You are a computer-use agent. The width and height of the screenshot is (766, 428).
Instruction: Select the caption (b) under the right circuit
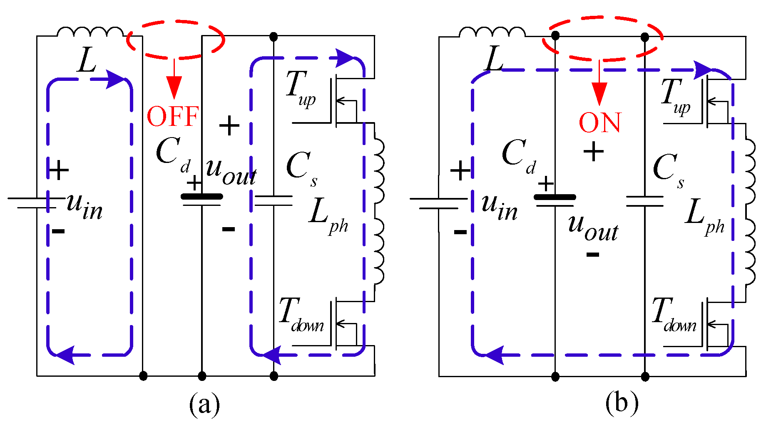pyautogui.click(x=622, y=403)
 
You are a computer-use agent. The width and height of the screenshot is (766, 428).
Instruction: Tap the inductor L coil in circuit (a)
pyautogui.click(x=90, y=32)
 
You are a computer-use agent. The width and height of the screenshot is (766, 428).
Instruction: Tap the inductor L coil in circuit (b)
pyautogui.click(x=492, y=32)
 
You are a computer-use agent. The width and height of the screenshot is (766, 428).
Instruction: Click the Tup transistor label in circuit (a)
pyautogui.click(x=301, y=88)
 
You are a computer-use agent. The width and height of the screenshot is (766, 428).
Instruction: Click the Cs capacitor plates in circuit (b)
pyautogui.click(x=644, y=201)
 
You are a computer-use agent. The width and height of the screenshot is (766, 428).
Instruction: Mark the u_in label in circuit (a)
pyautogui.click(x=85, y=207)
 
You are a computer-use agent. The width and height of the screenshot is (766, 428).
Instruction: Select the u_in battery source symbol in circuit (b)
pyautogui.click(x=439, y=203)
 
